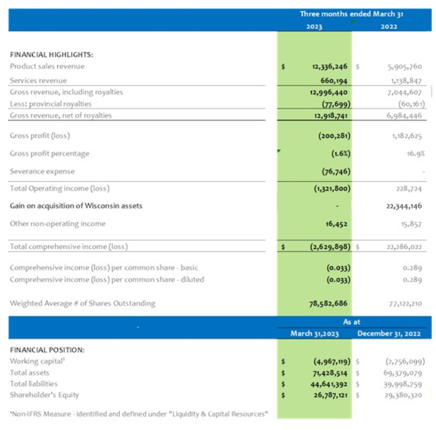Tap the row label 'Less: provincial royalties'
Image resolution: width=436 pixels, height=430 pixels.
[x=51, y=104]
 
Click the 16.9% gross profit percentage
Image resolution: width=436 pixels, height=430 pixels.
[x=414, y=153]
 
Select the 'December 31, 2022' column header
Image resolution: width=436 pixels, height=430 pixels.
[x=389, y=334]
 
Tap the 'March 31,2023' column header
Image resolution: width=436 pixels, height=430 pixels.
[x=314, y=334]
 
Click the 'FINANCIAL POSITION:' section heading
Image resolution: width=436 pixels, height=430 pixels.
[x=48, y=350]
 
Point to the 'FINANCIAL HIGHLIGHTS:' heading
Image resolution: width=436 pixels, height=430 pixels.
[x=51, y=54]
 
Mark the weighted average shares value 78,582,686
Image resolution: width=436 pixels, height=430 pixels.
[x=325, y=303]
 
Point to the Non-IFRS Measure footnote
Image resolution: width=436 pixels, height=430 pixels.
[x=139, y=413]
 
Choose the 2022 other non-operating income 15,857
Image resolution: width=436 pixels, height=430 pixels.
[x=409, y=224]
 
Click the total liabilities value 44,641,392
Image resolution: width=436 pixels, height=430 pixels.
[x=326, y=384]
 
